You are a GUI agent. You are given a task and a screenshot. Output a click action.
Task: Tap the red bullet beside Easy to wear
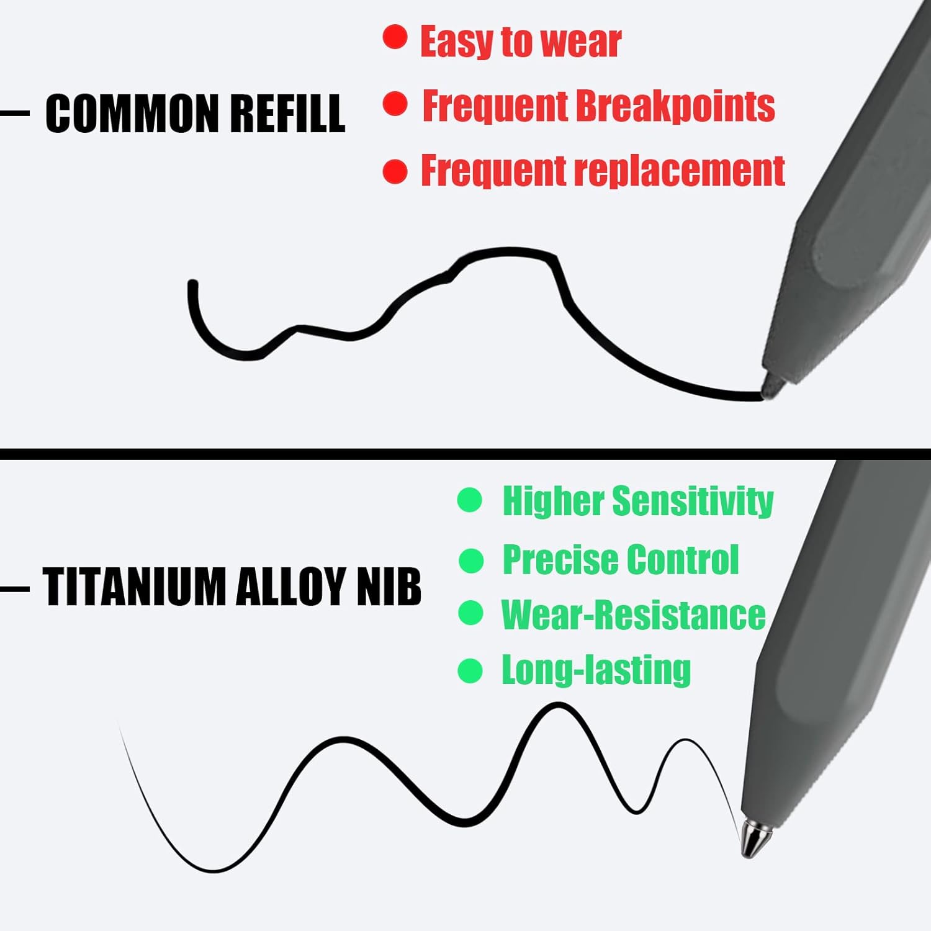point(395,37)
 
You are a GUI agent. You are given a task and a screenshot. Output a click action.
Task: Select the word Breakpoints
point(676,106)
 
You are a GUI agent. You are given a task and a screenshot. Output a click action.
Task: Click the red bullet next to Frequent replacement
point(395,172)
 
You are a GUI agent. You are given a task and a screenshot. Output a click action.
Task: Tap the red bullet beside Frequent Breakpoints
point(395,104)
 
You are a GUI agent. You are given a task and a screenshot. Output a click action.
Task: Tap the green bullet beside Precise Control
point(471,561)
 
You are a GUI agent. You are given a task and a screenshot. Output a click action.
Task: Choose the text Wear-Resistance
point(634,615)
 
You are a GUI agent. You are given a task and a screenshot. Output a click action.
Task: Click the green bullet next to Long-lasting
point(470,671)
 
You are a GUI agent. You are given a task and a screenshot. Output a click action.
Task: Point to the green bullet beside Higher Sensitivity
point(470,500)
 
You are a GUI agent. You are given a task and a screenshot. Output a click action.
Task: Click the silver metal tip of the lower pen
point(753,838)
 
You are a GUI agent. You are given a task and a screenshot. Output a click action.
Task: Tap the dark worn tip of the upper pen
point(771,386)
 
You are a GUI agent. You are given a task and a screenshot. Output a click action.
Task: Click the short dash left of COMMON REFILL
point(14,114)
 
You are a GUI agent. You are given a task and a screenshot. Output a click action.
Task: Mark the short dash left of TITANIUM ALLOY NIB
point(14,587)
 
